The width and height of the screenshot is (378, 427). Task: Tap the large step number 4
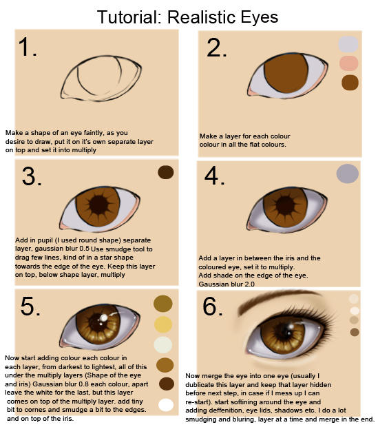216,176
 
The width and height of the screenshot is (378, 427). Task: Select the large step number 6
215,305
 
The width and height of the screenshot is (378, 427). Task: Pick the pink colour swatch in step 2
350,64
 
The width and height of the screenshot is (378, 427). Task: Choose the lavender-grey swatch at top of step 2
349,44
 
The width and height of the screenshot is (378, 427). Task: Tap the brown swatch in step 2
350,83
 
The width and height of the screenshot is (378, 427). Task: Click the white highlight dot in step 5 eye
104,317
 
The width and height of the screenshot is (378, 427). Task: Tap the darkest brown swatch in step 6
355,332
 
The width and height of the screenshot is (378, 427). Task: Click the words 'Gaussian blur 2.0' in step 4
227,284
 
